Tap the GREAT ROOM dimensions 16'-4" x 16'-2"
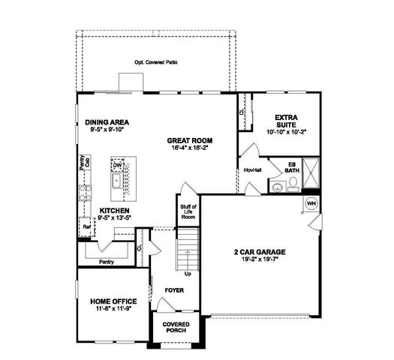[x=190, y=148]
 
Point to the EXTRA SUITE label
[x=287, y=121]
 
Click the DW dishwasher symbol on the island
[x=117, y=165]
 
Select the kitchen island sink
[x=117, y=181]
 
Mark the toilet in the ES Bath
[x=276, y=187]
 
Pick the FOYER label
[x=173, y=288]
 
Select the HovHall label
[x=252, y=170]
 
